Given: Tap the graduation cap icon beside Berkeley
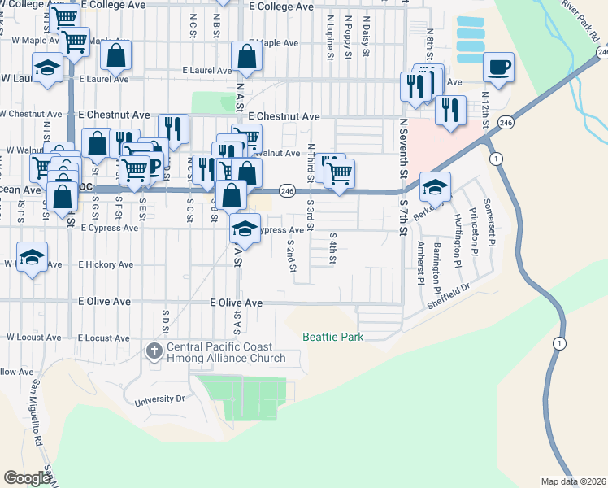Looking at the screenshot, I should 436,187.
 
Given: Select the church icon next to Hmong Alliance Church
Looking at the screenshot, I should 153,351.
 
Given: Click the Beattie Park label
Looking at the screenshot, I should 332,337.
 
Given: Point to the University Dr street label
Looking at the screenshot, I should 160,399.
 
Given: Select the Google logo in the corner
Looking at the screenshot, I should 27,477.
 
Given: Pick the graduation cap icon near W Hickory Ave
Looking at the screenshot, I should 31,259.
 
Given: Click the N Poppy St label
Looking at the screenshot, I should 348,37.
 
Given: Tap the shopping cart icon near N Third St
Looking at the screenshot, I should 339,172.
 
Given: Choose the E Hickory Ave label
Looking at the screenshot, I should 106,265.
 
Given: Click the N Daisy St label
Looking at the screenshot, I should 366,36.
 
